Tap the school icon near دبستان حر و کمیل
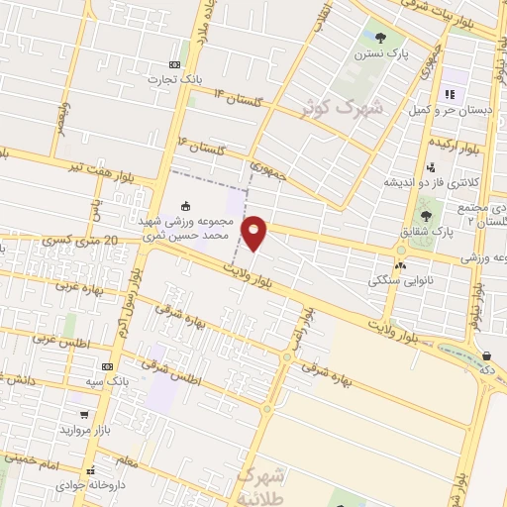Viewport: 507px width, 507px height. pyautogui.click(x=449, y=95)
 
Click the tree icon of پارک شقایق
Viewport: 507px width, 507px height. pyautogui.click(x=426, y=213)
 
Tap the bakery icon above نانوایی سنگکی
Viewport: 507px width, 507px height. pyautogui.click(x=400, y=265)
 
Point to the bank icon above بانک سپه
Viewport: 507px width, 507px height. pyautogui.click(x=107, y=365)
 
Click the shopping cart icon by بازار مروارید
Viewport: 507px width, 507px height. pyautogui.click(x=85, y=416)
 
